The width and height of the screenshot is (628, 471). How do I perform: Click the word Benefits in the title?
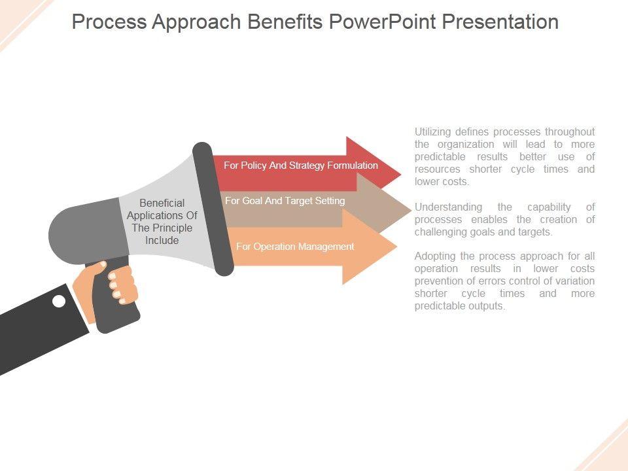[x=285, y=22]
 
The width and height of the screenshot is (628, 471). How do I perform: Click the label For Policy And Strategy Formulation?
[x=300, y=166]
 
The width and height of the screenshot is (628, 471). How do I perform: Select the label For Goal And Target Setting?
[x=285, y=201]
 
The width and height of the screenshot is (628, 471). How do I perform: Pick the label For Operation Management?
[x=295, y=247]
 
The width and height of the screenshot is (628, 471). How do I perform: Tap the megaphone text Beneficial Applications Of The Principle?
[x=162, y=221]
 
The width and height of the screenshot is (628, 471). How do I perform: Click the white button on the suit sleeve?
[x=59, y=301]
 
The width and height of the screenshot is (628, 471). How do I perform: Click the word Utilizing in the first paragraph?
[x=432, y=132]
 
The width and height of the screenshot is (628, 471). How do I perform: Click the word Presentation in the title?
[x=500, y=22]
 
